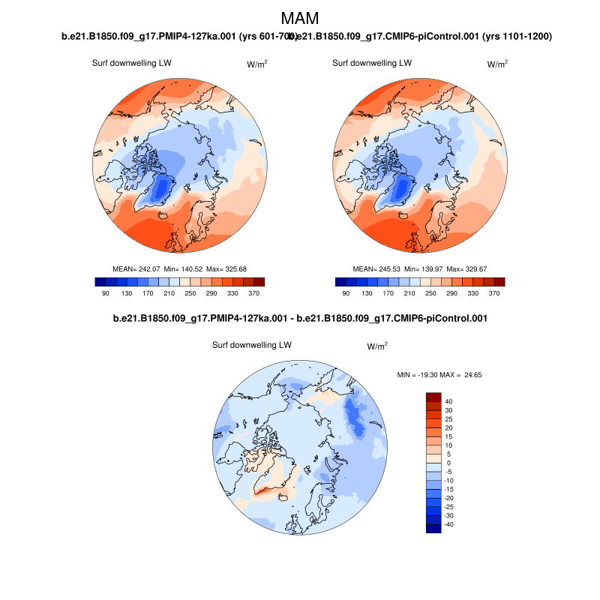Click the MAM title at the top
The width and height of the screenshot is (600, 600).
coord(300,19)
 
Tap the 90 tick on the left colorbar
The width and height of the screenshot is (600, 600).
coord(106,294)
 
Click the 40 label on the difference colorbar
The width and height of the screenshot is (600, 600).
coord(448,401)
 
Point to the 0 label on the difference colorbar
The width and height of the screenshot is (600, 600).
coord(448,463)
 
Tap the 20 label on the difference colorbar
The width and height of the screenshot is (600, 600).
coord(448,427)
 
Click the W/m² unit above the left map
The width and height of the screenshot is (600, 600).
coord(257,64)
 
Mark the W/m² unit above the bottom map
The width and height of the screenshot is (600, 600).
coord(377,346)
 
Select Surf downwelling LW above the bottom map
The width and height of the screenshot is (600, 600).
coord(252,345)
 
